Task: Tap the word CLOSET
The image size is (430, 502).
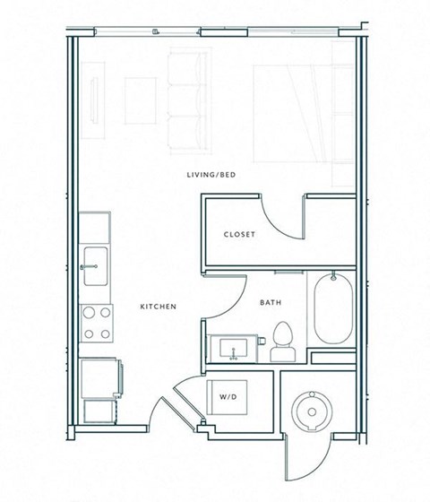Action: [x=239, y=235]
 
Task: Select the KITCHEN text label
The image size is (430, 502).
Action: [x=158, y=307]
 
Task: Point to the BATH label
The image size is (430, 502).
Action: [x=271, y=303]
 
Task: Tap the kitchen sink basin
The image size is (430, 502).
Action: [x=95, y=267]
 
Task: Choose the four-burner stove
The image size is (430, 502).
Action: [x=97, y=323]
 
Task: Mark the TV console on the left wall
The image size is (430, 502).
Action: [x=94, y=100]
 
